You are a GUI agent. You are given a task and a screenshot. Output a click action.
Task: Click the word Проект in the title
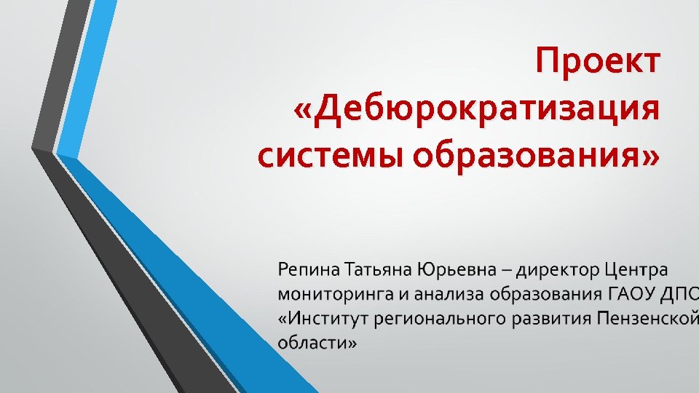(x=598, y=61)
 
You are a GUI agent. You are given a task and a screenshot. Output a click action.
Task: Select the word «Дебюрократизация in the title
(x=476, y=109)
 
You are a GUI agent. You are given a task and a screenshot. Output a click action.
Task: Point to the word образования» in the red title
(x=537, y=156)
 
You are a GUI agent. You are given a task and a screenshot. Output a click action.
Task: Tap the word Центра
(x=636, y=271)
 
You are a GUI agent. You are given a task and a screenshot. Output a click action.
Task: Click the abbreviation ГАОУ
(x=631, y=295)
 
